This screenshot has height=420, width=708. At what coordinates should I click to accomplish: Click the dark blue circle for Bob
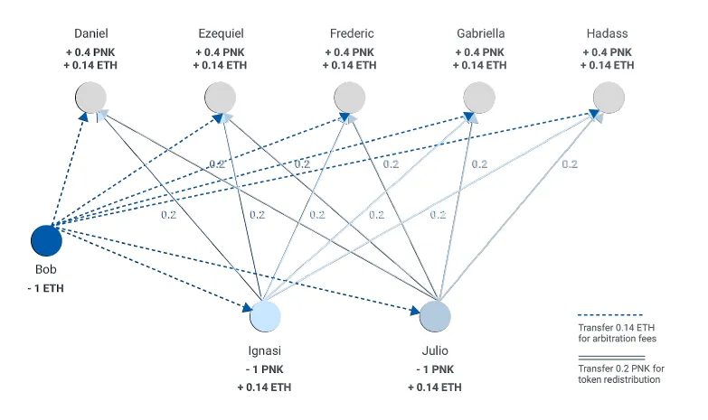[x=46, y=240]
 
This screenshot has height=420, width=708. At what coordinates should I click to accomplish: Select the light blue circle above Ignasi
[x=266, y=316]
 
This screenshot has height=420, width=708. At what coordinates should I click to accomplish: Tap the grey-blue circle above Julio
[x=435, y=316]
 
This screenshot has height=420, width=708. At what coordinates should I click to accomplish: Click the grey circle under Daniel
[x=90, y=98]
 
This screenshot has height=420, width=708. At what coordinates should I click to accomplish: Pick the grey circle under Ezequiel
[x=221, y=98]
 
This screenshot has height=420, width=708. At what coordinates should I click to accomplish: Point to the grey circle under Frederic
[x=350, y=98]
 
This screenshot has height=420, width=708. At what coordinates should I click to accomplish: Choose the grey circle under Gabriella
[x=479, y=98]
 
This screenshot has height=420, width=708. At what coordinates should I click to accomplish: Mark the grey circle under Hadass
[x=609, y=98]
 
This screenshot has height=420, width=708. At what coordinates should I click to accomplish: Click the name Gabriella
[x=481, y=33]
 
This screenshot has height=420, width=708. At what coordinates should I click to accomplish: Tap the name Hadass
[x=608, y=33]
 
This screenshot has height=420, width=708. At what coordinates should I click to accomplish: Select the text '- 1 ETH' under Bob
[x=45, y=288]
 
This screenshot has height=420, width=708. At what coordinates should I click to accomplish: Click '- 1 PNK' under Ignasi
[x=265, y=369]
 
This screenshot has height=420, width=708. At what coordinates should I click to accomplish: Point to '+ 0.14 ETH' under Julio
[x=435, y=387]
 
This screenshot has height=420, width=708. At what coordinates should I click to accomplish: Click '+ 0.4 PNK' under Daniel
[x=90, y=52]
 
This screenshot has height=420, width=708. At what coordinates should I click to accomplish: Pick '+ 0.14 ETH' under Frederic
[x=350, y=65]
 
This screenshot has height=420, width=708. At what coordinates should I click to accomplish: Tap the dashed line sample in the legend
[x=610, y=315]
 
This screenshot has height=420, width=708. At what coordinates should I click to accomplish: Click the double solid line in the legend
[x=611, y=358]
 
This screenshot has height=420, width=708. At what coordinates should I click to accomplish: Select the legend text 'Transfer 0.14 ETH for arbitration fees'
[x=618, y=333]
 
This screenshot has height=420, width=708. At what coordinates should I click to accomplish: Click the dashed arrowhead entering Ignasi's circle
[x=248, y=308]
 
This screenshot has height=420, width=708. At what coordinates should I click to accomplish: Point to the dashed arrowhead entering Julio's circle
[x=415, y=311]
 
